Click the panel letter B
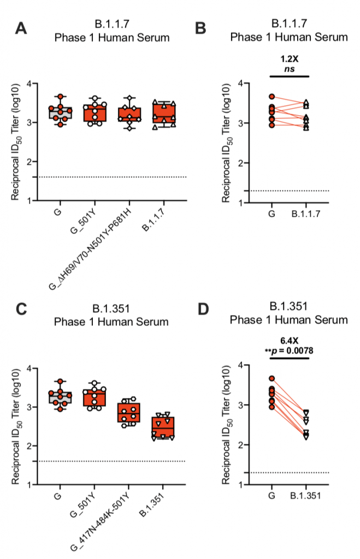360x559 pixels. tap(200, 28)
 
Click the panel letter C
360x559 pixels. tap(21, 310)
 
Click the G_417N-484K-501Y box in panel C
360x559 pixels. tap(129, 412)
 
